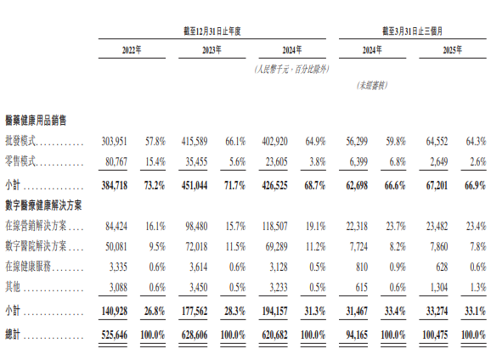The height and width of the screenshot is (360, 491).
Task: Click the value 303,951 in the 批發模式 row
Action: pos(115,142)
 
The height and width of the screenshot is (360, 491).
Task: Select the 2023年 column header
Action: pos(212,50)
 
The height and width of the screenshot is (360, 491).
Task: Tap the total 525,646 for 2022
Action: pos(115,335)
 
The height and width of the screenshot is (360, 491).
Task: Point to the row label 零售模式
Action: pos(20,161)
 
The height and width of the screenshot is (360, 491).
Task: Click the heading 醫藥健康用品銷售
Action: pos(36,121)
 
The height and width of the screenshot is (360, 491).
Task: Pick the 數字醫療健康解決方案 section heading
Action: pos(43,205)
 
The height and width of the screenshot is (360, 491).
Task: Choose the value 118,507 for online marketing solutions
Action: pos(274,226)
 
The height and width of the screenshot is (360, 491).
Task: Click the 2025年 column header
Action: pos(452,50)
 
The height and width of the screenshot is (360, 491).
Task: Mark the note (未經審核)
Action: pos(372,86)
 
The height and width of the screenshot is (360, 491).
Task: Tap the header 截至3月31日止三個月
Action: pos(412,31)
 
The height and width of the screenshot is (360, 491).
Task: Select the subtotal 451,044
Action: pos(195,186)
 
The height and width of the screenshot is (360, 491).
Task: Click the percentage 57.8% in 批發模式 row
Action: pos(155,142)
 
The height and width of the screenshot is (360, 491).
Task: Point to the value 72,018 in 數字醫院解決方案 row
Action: pos(196,246)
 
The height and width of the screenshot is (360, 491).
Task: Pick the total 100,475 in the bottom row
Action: pos(435,335)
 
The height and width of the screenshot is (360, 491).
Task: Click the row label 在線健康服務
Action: pos(28,267)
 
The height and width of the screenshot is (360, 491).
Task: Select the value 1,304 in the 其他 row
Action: pos(439,287)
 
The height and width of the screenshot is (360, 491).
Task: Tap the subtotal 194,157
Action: pos(274,311)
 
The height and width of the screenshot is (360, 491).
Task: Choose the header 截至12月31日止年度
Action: pos(212,31)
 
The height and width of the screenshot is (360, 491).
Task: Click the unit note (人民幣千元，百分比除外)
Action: pos(292,69)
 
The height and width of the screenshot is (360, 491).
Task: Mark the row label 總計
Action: pos(13,335)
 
